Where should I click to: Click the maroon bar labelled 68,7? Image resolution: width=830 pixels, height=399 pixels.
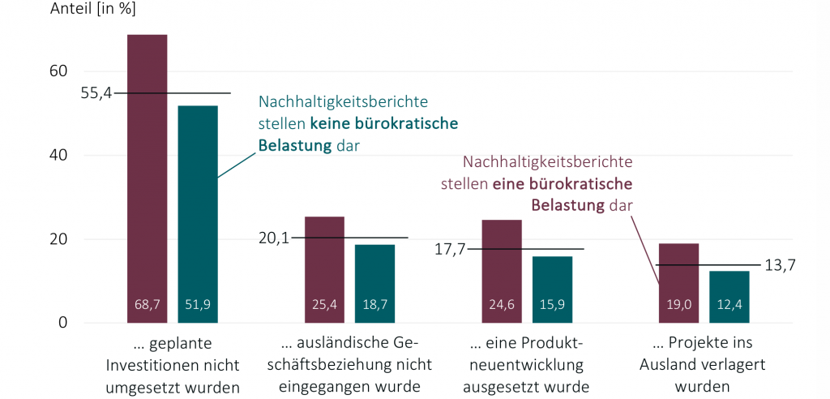coord(148,178)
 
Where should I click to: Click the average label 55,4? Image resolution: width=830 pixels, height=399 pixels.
coord(96,93)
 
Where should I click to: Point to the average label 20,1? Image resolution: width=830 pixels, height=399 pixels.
coord(274,238)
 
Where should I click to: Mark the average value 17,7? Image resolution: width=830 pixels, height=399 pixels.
coord(451,249)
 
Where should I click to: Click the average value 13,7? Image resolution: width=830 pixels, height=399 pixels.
coord(780,265)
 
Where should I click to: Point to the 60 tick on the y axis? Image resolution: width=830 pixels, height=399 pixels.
coord(58,71)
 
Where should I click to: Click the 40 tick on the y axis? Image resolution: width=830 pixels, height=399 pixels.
coord(58,156)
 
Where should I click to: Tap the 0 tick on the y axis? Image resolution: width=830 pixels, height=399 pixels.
coord(62,324)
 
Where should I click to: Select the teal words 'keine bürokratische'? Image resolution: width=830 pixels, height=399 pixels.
coord(383,124)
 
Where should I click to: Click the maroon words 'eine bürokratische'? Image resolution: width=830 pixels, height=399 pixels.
coord(563,183)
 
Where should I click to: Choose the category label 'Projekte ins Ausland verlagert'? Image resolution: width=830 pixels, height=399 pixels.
coord(702,363)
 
